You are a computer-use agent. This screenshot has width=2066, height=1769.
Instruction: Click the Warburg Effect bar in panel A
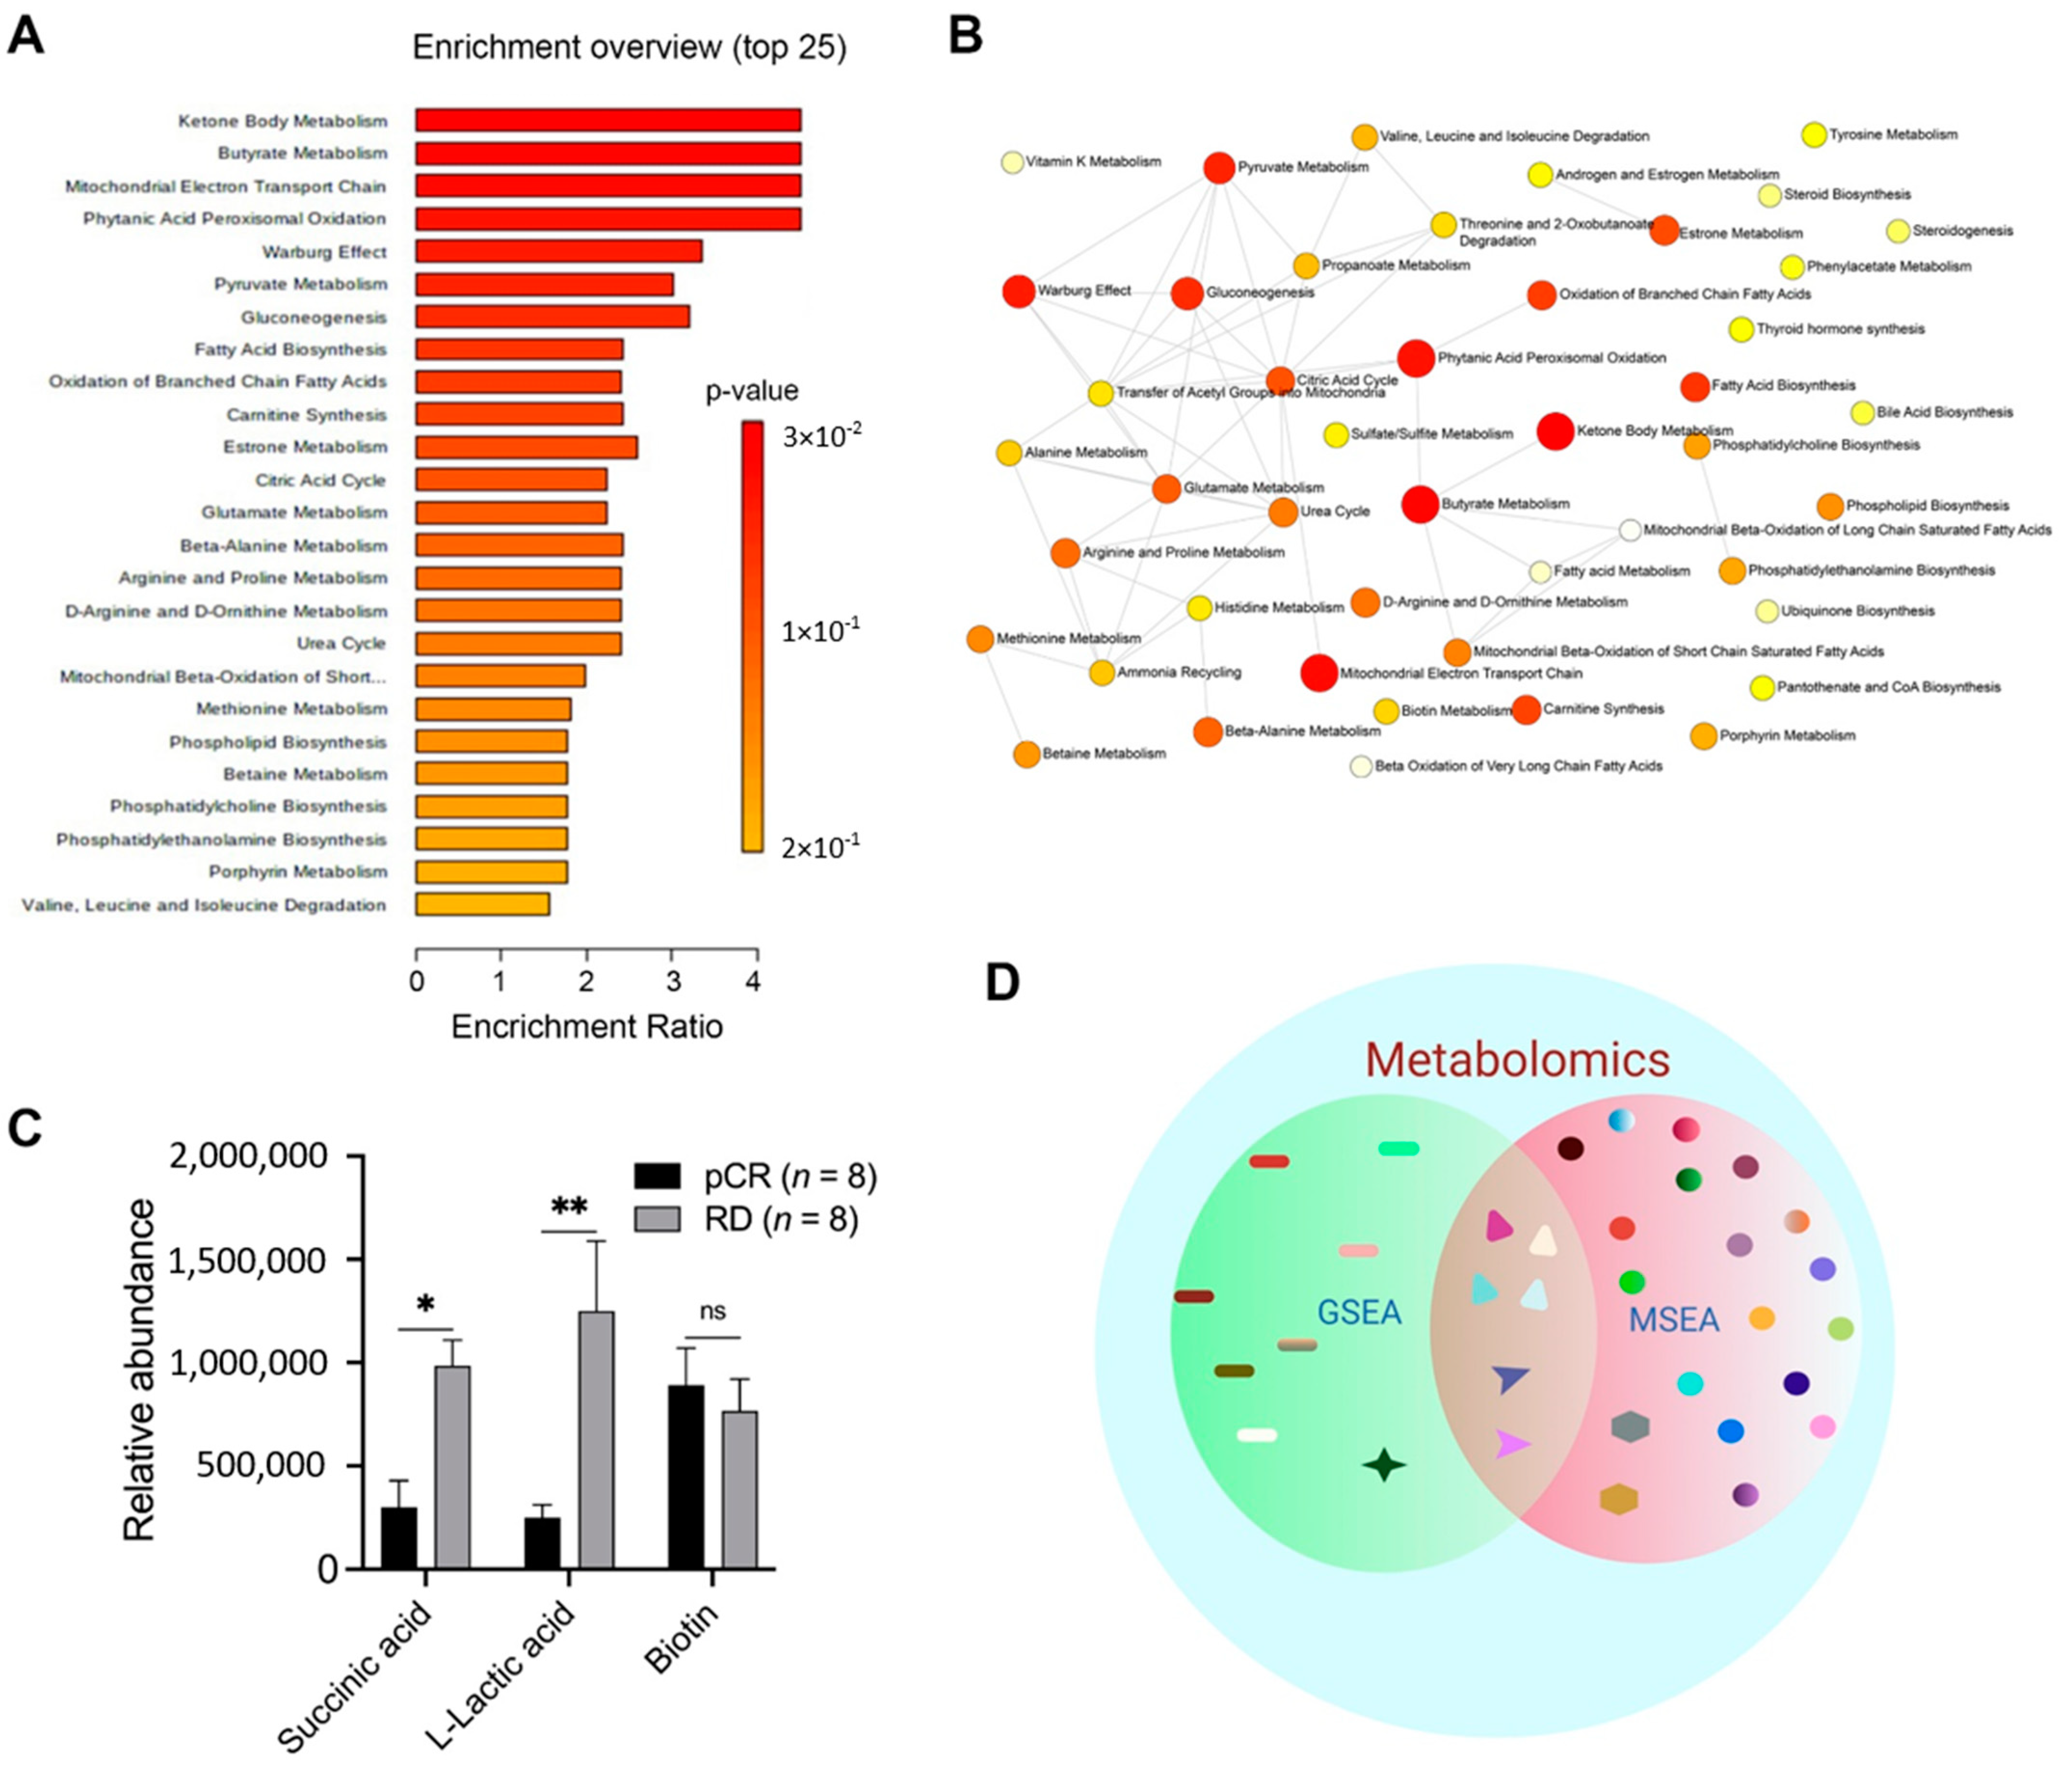coord(558,251)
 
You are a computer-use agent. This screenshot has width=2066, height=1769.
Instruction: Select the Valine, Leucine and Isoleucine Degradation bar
coord(483,904)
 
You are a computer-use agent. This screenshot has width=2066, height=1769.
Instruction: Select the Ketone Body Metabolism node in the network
coord(1554,431)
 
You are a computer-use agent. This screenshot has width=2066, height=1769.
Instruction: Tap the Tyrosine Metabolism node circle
coord(1814,134)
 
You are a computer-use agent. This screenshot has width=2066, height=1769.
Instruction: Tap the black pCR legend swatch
coord(657,1176)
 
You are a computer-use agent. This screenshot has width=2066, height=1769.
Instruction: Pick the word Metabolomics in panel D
coord(1516,1059)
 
